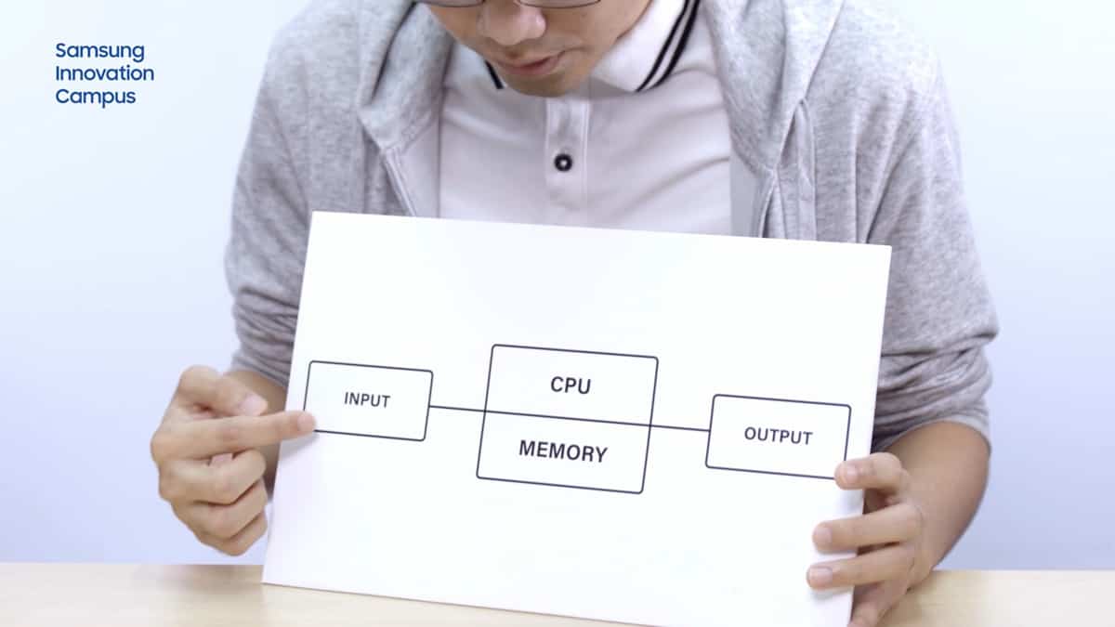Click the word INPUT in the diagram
pos(367,400)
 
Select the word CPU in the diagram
pos(570,385)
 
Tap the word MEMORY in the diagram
pos(562,451)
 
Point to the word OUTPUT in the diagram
pos(778,435)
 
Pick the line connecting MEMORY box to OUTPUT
pos(677,428)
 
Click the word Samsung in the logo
pos(99,51)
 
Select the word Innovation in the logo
pos(104,73)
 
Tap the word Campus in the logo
pos(95,96)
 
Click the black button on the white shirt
pos(562,162)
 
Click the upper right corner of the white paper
pos(889,248)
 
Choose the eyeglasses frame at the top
pos(520,4)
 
